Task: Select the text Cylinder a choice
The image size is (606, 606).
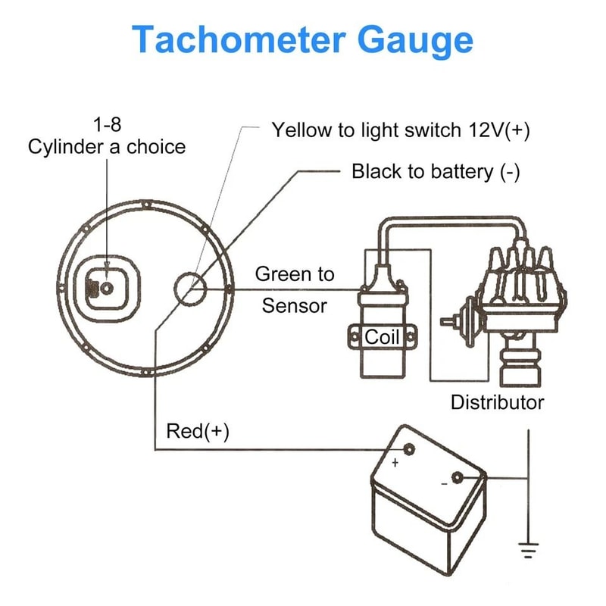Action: [106, 146]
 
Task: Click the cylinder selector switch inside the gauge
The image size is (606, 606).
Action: [106, 288]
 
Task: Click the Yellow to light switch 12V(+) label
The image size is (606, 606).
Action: [401, 130]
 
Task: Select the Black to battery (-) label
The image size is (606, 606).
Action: [436, 171]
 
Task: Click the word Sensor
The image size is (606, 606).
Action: [294, 305]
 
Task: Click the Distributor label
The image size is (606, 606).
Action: [497, 401]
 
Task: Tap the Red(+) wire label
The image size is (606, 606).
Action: [197, 431]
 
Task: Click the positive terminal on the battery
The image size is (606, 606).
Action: [408, 449]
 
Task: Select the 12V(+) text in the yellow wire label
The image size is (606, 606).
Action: [496, 130]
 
